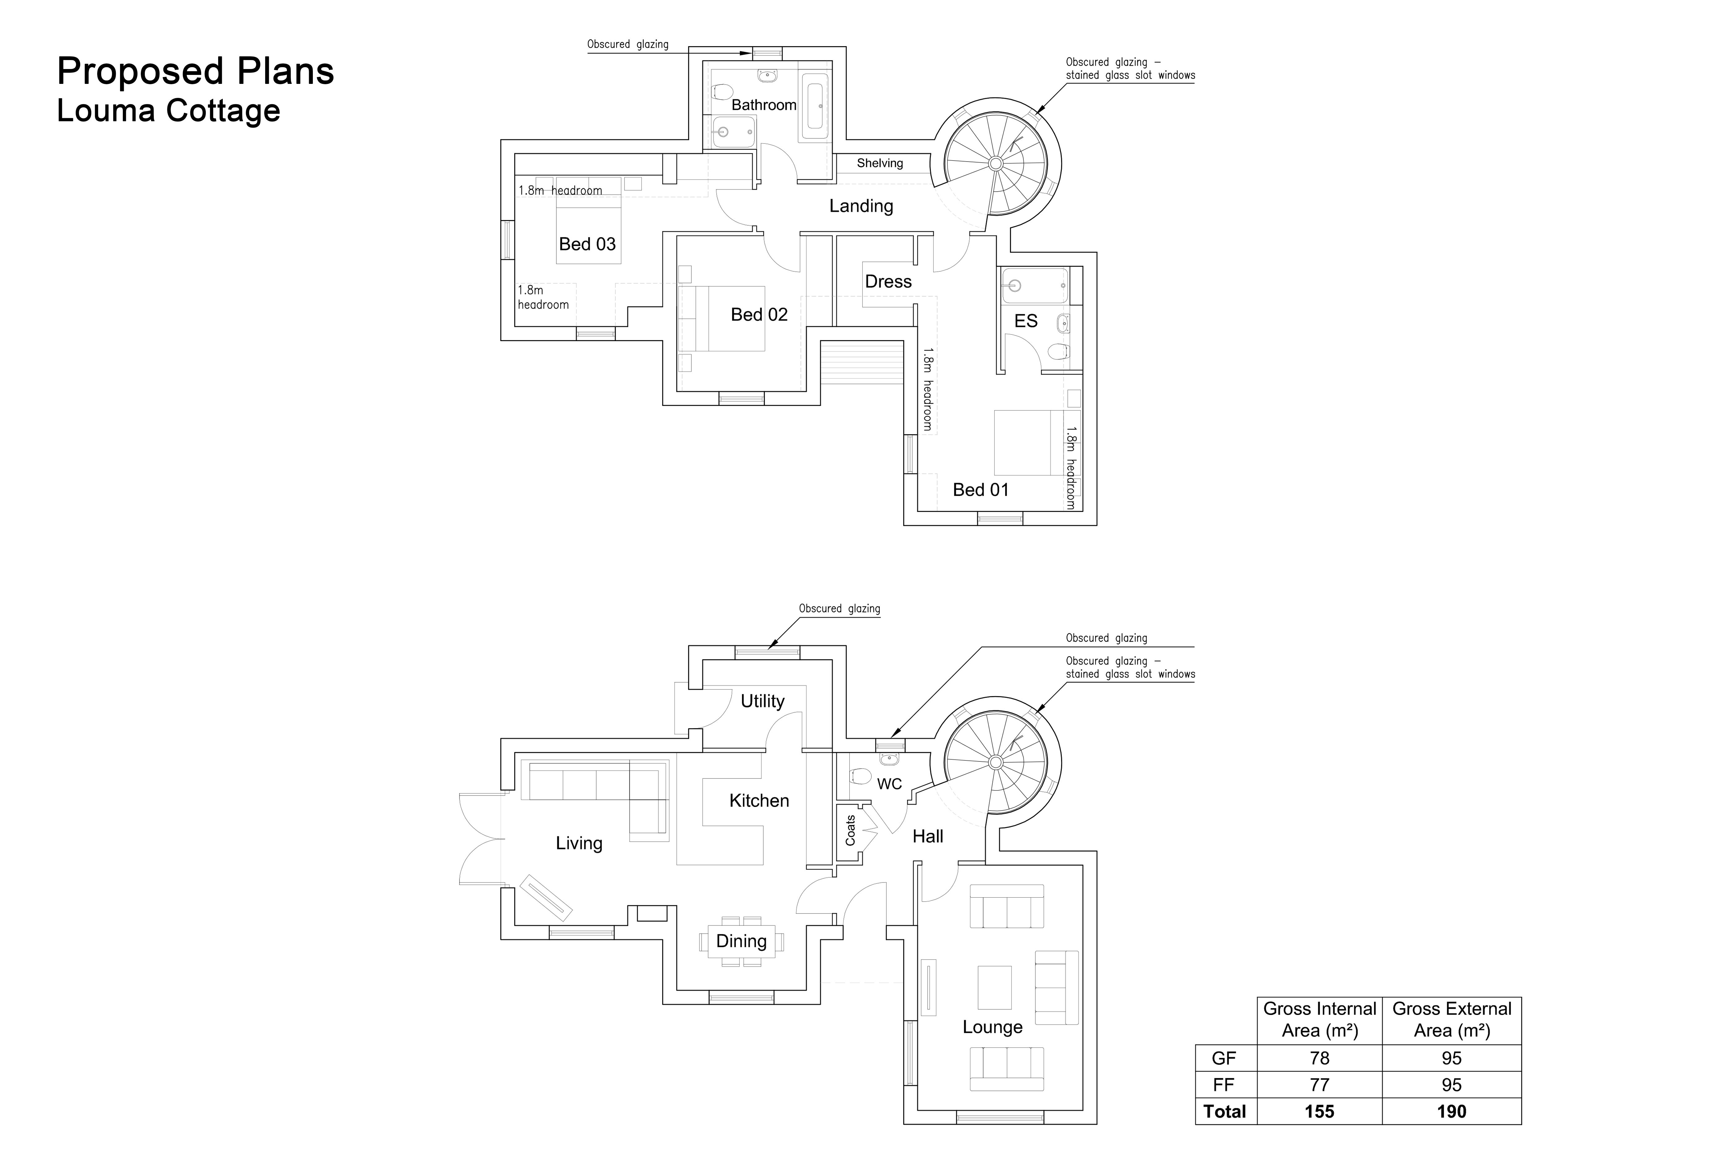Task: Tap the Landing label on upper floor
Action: coord(861,206)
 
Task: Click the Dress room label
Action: coord(888,281)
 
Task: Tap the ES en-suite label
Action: coord(1026,321)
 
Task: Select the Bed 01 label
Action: coord(980,489)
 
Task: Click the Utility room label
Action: coord(762,701)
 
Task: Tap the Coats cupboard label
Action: coord(850,830)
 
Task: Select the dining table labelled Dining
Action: coord(741,941)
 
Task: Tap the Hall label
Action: coord(927,836)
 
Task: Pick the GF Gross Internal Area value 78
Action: coord(1319,1058)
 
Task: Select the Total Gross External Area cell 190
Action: coord(1451,1112)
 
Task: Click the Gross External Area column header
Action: coord(1451,1019)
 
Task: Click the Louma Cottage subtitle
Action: coord(168,111)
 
